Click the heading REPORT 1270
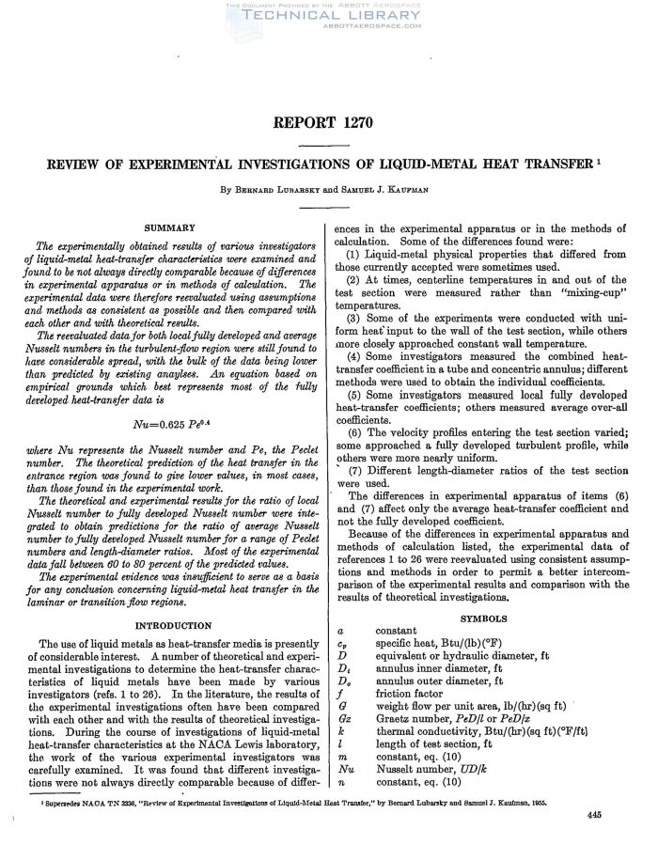[x=328, y=123]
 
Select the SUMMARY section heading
[x=169, y=227]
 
